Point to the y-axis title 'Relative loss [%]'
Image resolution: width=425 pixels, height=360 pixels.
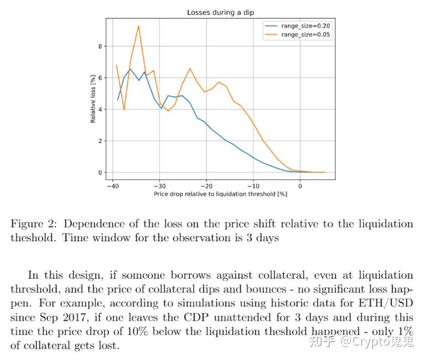(93, 98)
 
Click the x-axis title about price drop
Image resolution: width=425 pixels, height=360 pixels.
(220, 194)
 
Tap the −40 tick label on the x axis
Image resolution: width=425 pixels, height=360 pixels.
(111, 186)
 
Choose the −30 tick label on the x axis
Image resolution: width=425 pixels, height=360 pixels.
(159, 186)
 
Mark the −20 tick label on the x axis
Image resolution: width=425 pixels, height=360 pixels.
(206, 186)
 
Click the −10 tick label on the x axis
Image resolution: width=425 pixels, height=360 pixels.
(253, 186)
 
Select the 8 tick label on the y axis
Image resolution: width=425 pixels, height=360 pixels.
(99, 46)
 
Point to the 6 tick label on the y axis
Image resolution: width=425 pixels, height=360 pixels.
(99, 78)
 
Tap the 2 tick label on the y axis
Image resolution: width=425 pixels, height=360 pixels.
(99, 141)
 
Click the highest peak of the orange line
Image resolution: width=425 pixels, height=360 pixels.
(139, 26)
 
